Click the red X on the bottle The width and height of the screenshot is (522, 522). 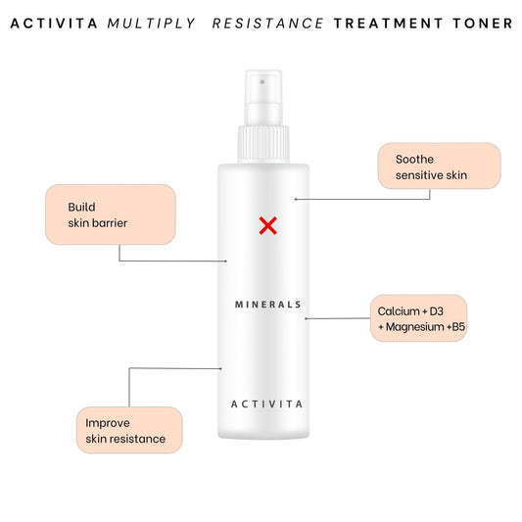268,225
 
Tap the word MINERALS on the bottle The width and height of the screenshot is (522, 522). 268,305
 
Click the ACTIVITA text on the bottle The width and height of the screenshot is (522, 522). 267,404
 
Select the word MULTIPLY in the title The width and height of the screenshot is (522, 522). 152,24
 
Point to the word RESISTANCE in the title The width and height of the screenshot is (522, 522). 268,24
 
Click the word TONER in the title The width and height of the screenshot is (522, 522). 483,24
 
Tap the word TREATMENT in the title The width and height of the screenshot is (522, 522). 389,24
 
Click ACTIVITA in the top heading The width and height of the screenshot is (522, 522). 54,24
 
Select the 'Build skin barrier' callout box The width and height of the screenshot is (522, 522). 111,214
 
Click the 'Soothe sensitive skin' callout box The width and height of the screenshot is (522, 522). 439,166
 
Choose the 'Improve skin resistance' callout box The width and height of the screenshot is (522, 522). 129,430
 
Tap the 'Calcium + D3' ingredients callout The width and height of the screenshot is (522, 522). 419,318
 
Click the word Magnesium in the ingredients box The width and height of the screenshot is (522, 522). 415,327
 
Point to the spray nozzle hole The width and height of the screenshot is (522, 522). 262,82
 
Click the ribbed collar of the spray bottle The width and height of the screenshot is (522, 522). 263,144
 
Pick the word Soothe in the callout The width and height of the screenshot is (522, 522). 414,159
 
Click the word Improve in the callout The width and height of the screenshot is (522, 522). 108,423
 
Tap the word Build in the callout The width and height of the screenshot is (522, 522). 81,207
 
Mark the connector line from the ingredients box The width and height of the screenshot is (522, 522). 338,318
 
